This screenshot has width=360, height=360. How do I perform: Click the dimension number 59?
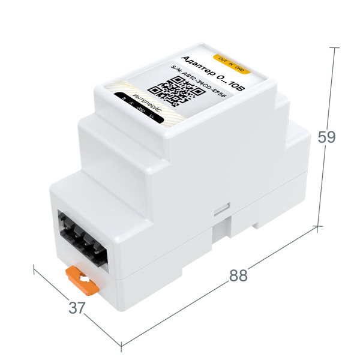(x=326, y=137)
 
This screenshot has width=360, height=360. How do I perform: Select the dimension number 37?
(x=76, y=308)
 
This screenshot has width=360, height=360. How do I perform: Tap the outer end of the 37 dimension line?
(x=35, y=268)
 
